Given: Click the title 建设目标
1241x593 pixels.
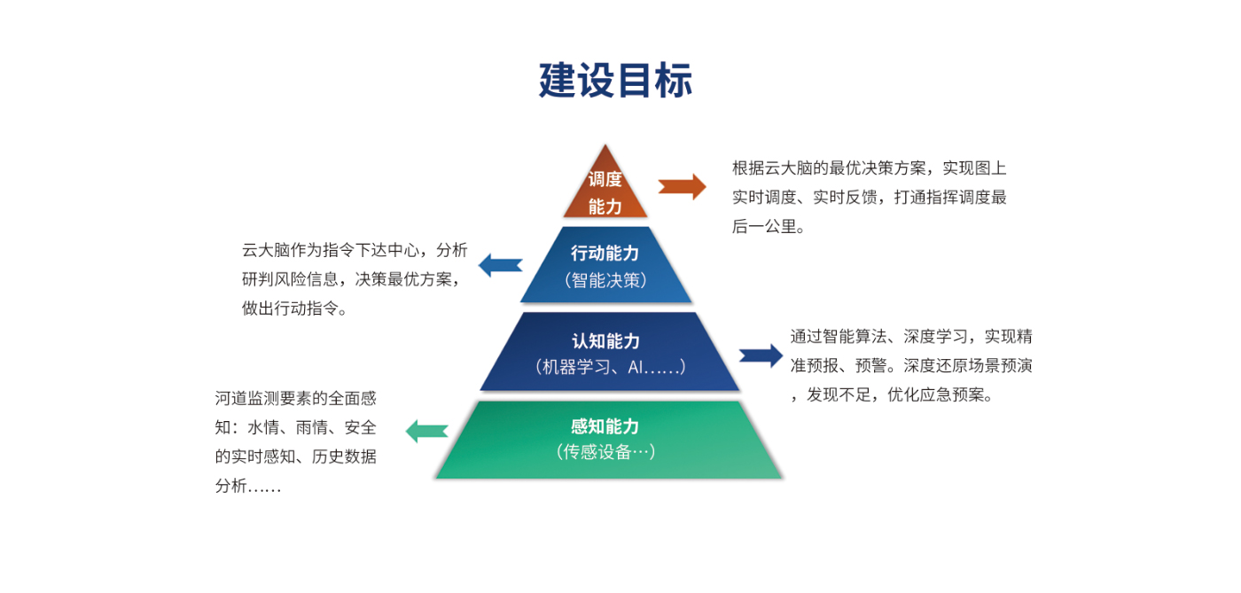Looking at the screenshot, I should pos(615,80).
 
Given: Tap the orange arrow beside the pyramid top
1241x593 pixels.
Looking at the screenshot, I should pos(682,186).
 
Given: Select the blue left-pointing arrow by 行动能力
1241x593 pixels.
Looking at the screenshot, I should pos(500,264).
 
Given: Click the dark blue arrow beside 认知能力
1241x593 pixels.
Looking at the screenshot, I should pos(761,355).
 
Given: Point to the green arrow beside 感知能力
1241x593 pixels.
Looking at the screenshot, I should pos(426,432).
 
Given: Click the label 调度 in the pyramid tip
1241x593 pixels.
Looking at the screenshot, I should pos(605,179).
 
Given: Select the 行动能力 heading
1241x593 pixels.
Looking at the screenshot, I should pos(605,254).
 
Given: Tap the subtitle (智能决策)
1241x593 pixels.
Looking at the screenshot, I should pos(605,280).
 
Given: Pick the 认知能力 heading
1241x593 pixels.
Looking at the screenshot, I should pos(605,341).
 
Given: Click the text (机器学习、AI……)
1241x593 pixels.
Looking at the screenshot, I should pos(610,367).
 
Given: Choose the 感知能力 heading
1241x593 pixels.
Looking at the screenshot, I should pos(605,426).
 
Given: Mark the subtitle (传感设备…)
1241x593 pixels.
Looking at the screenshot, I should pos(606,452).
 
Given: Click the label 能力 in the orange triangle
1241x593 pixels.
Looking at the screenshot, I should pos(605,207).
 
